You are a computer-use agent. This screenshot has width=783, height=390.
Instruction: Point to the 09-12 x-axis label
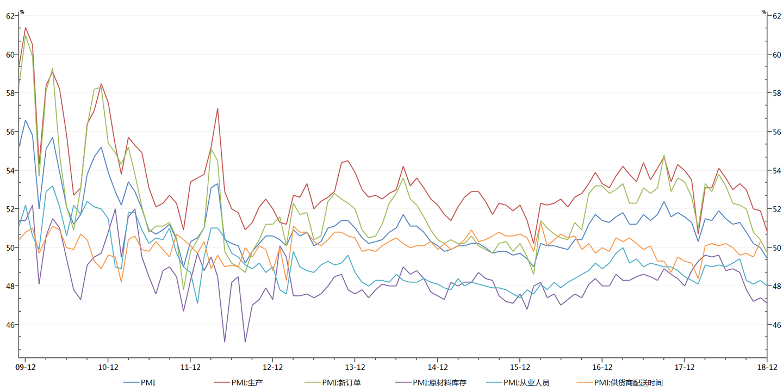point(26,367)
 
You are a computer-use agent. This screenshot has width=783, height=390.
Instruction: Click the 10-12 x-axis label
point(108,367)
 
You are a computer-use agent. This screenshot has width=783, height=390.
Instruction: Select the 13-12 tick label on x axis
point(355,367)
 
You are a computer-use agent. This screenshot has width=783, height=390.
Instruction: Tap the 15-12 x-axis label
point(520,367)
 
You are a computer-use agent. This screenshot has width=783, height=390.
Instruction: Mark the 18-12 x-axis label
point(767,367)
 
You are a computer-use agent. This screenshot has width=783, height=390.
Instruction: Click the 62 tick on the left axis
point(10,16)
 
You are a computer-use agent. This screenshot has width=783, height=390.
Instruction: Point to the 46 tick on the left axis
point(10,325)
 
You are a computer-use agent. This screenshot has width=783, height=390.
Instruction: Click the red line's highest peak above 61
point(26,28)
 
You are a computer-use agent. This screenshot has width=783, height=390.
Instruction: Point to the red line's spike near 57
point(217,109)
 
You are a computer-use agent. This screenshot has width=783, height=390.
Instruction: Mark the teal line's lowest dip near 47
point(197,303)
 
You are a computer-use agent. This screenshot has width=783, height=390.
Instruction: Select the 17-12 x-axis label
point(684,367)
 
